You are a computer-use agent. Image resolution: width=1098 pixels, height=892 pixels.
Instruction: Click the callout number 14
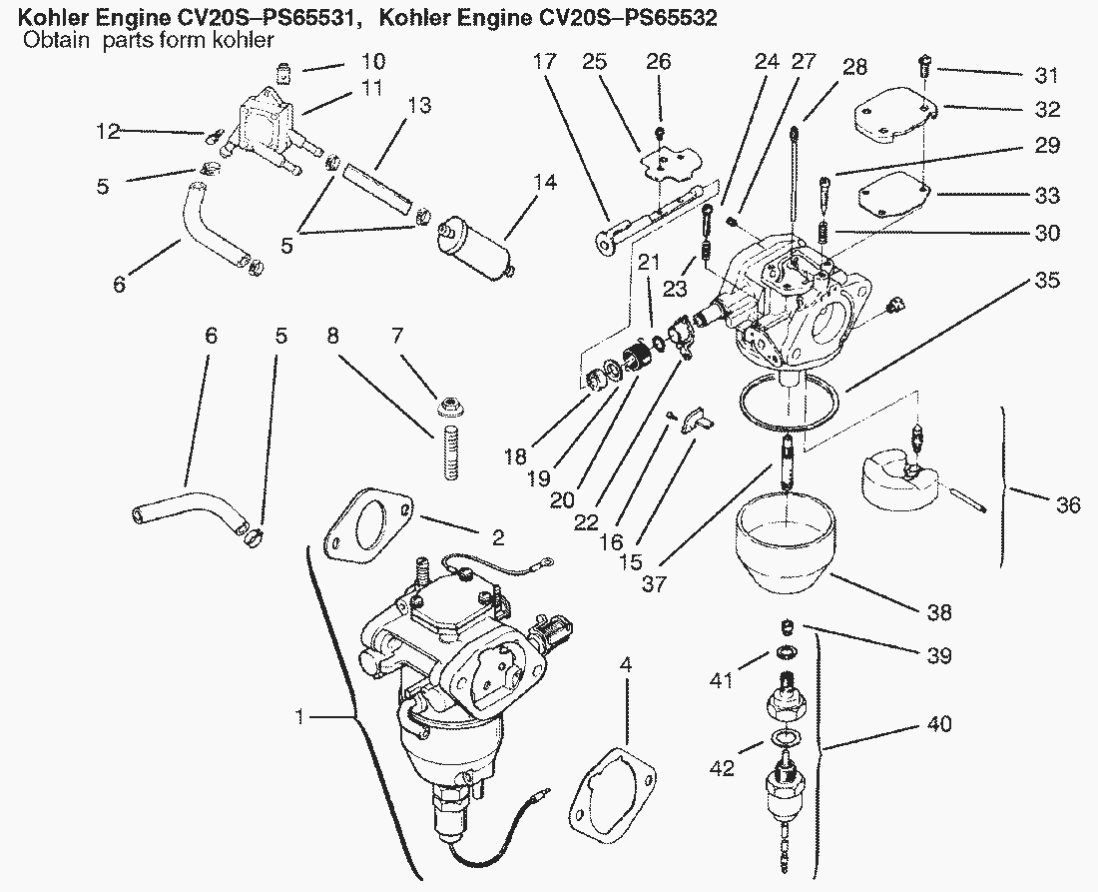pos(545,183)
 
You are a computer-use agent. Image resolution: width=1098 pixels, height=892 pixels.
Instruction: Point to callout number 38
pos(939,612)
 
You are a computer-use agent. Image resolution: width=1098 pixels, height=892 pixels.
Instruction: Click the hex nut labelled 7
pos(450,403)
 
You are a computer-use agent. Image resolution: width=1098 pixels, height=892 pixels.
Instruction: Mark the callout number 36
pos(1068,503)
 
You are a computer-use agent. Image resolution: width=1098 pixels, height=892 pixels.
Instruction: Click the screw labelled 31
pos(922,67)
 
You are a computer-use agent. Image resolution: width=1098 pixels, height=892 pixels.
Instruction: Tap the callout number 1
pos(299,717)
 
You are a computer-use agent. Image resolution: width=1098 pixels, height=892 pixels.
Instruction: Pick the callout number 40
pos(939,723)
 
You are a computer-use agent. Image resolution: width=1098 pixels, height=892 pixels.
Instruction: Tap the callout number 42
pos(722,768)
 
